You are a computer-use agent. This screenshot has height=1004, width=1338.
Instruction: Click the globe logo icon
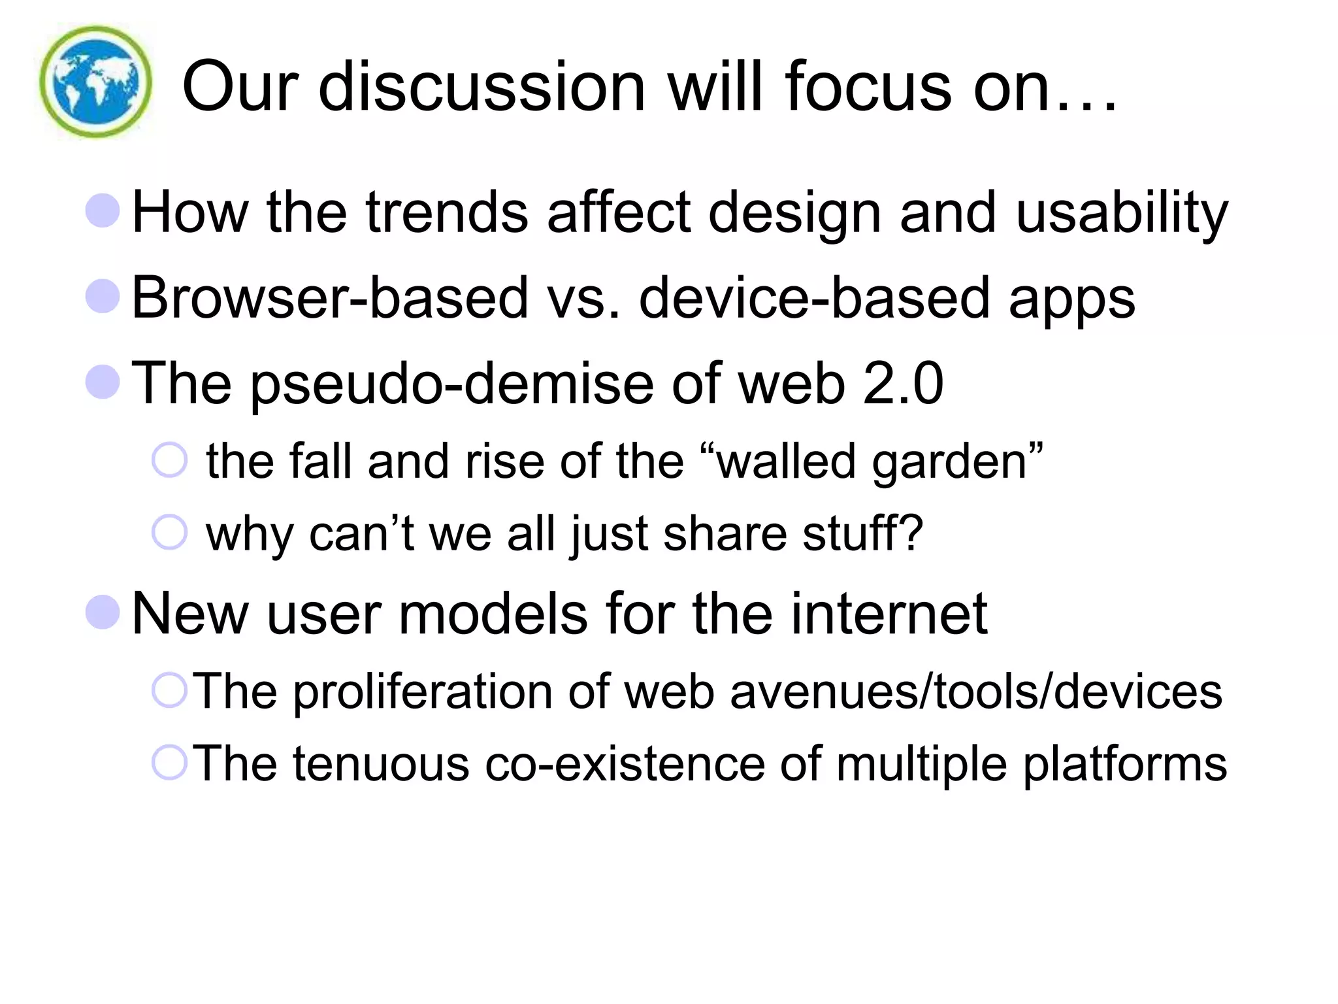96,82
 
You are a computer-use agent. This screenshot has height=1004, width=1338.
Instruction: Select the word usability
1122,213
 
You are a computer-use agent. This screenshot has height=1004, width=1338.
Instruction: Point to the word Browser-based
329,298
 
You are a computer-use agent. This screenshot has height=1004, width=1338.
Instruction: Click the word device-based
814,298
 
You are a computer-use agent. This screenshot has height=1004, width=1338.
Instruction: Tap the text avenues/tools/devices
975,692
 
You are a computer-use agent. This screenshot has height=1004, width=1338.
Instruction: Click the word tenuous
381,763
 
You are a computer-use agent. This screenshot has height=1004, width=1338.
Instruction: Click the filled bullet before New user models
103,612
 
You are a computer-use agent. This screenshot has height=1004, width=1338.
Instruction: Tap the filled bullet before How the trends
103,210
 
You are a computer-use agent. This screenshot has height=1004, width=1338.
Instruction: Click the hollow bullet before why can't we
169,532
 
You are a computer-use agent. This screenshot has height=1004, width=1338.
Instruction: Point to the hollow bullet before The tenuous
169,762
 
